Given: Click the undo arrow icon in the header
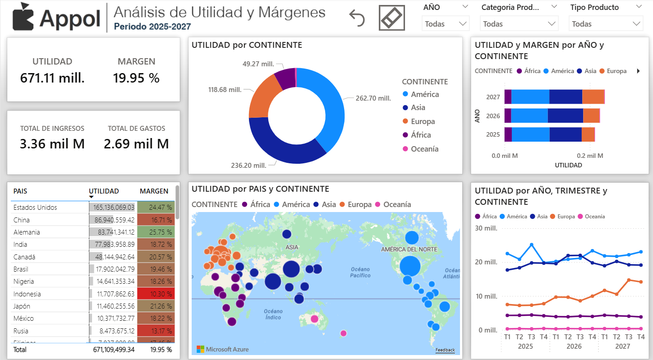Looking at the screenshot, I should (357, 18).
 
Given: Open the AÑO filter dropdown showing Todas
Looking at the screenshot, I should (445, 24).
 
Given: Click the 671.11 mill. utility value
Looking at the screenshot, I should (52, 78).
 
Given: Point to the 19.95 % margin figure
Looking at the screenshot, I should (136, 78).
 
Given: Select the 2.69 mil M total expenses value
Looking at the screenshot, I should (136, 144).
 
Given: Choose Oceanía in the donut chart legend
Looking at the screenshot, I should (424, 149).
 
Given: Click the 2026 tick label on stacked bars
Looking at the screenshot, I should (493, 116).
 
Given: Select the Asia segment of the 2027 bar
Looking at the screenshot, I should (566, 97).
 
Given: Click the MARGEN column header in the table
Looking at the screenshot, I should (154, 191).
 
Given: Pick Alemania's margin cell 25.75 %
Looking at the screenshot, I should (156, 232).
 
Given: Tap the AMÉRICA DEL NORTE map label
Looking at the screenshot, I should (409, 249).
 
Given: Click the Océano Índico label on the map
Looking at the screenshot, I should (273, 314).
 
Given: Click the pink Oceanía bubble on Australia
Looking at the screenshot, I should (314, 319).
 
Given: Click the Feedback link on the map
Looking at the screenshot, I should (445, 350).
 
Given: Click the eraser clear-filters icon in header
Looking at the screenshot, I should (391, 18).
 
